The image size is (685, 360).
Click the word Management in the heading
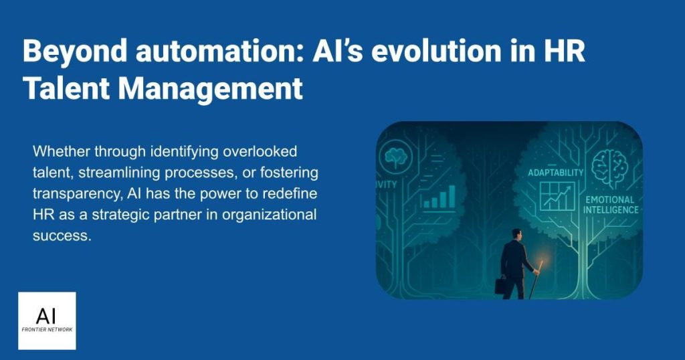tap(210, 89)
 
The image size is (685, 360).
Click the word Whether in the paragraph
tap(61, 151)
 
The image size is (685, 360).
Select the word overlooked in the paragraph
tap(260, 151)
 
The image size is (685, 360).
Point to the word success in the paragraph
tap(62, 236)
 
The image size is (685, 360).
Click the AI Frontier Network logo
tap(47, 321)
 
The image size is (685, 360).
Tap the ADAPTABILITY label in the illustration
tap(555, 173)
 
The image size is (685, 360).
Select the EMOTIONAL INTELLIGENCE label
tap(610, 205)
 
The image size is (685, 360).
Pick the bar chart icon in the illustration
tap(439, 197)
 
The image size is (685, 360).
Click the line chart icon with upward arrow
tap(557, 197)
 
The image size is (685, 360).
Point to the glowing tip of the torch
tap(542, 264)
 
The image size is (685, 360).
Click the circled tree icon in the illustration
tap(396, 155)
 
